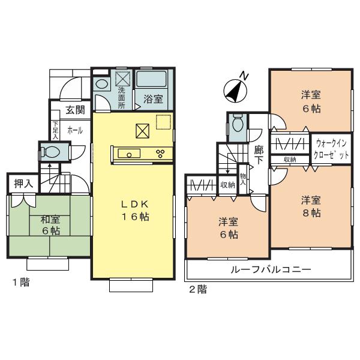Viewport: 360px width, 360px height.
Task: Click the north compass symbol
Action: point(235,89)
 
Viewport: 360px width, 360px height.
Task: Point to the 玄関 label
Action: point(75,110)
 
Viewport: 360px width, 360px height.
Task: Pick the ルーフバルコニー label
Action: point(270,270)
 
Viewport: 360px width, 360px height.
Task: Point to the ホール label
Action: point(75,129)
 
